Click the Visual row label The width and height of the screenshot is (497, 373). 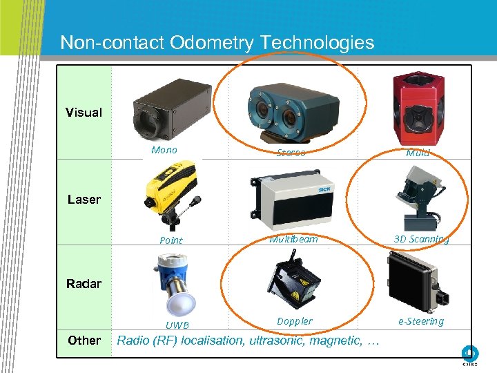pos(84,113)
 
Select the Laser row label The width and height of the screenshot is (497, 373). pos(84,200)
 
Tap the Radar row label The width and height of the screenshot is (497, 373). pos(84,283)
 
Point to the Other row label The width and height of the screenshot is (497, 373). pos(84,340)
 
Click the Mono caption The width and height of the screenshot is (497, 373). pos(164,150)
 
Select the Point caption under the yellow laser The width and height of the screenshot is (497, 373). pos(170,240)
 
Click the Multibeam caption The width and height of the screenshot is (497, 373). pos(293,239)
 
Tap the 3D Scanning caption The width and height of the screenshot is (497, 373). pos(421,239)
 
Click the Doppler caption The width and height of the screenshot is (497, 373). pos(295,321)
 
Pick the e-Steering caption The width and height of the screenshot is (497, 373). pos(420,321)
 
